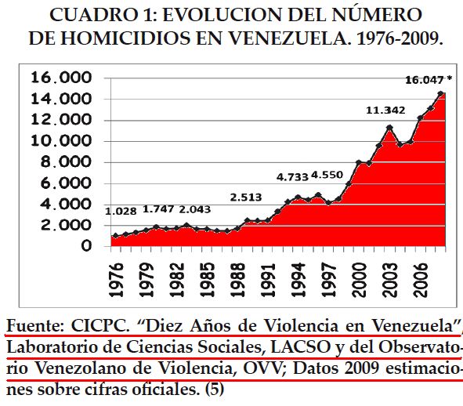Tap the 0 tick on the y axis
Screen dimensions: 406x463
pyautogui.click(x=97, y=246)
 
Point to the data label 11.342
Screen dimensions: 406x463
pyautogui.click(x=385, y=111)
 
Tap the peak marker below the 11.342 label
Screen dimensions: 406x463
pyautogui.click(x=389, y=127)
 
